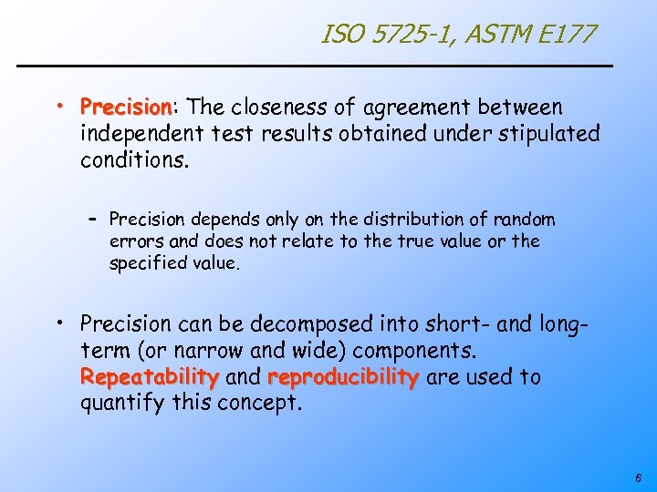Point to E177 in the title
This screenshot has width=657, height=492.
click(568, 36)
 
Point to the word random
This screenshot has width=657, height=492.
click(523, 220)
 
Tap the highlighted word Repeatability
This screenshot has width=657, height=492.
click(149, 376)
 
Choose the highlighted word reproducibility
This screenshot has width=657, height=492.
click(343, 376)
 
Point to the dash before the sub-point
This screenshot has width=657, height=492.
click(92, 220)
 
